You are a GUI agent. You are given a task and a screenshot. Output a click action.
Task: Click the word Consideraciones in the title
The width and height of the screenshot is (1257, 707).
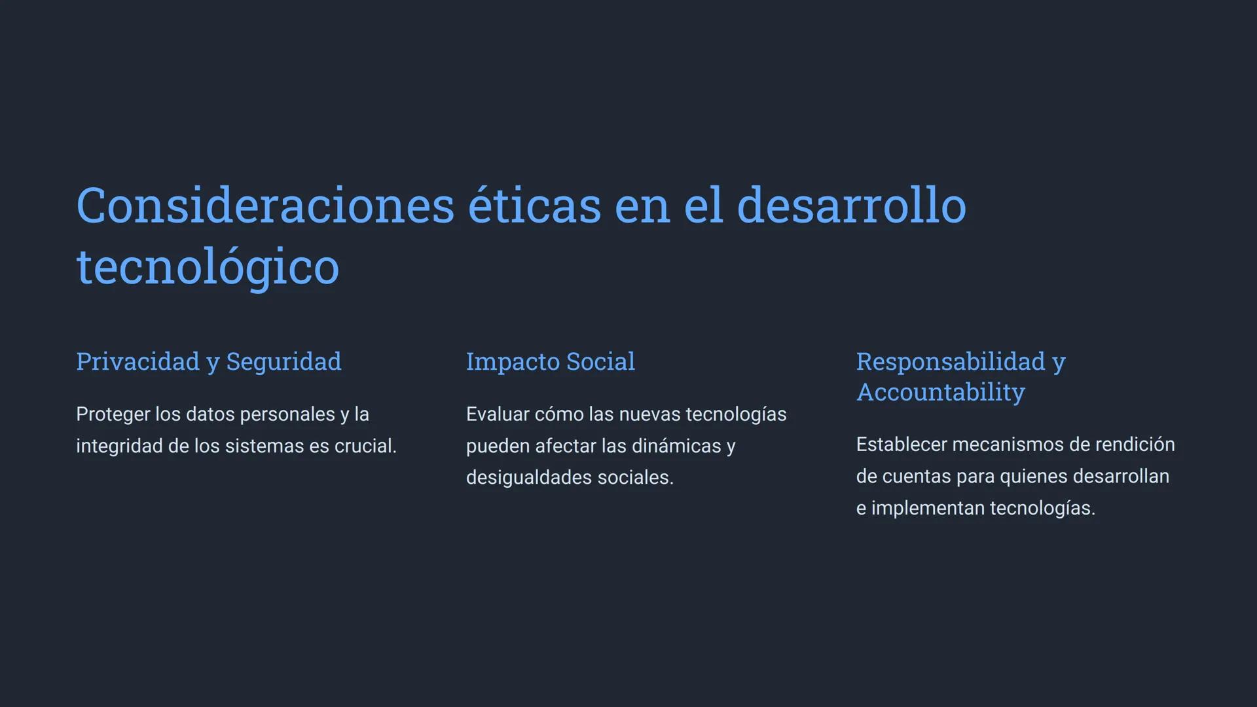coord(265,206)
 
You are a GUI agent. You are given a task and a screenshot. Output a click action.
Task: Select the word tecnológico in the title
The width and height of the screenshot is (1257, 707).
coord(208,267)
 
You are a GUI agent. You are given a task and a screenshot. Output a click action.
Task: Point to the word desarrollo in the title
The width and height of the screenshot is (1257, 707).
coord(852,206)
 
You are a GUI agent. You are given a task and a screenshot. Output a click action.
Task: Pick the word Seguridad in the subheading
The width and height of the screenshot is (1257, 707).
coord(283,362)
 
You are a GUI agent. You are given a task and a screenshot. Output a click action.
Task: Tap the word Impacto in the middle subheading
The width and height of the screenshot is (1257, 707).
coord(513,362)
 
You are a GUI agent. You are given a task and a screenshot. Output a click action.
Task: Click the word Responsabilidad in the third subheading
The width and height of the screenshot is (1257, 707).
coord(951,362)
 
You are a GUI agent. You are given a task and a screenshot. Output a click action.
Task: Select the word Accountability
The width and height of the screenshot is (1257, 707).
coord(941,392)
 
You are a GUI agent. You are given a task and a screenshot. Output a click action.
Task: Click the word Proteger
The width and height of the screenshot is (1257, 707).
coord(113,414)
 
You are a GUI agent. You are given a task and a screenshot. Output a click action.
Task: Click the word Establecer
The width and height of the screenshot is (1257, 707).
coord(902,444)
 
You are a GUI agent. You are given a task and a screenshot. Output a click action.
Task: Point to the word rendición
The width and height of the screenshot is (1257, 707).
coord(1135,444)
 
